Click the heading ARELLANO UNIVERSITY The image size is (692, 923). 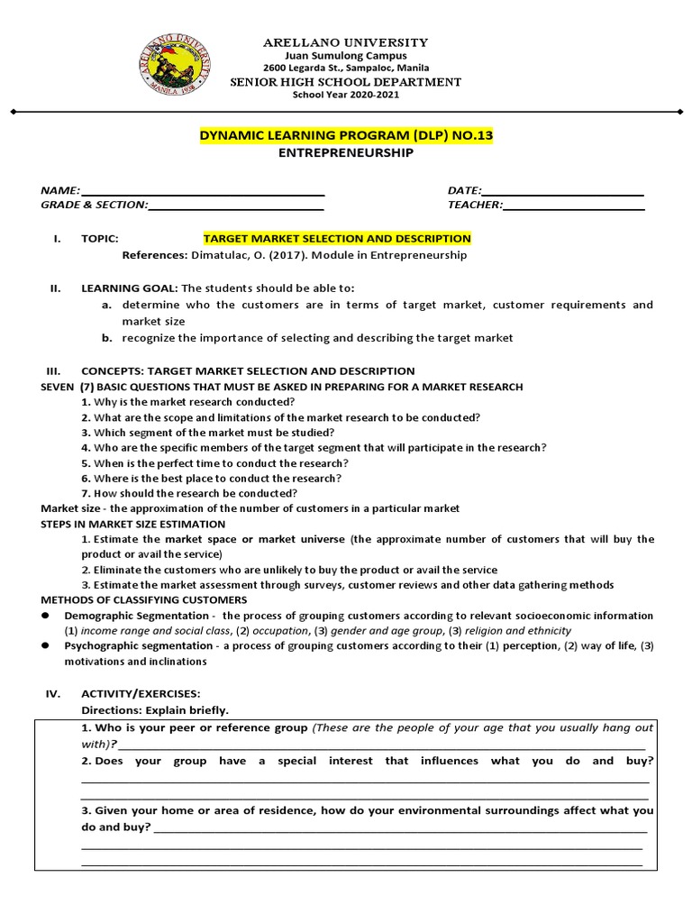coord(345,42)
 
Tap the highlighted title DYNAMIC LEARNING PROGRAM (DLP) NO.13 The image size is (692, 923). coord(346,135)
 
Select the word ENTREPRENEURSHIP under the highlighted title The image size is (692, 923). coord(347,153)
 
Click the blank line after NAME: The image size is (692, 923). coord(203,192)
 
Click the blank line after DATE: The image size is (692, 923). coord(563,192)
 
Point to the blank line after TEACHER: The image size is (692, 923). coord(574,206)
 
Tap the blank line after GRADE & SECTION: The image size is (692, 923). coord(235,206)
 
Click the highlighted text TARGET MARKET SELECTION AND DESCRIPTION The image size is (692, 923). coord(337,239)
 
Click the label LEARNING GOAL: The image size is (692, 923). coord(131,288)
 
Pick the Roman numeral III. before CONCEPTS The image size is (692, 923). coord(52,371)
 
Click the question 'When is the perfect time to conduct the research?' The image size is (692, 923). coord(214,462)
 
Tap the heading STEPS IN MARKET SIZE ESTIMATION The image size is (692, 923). coord(133,524)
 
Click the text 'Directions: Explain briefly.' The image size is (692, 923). coord(155,709)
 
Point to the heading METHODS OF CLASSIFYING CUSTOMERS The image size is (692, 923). coord(144,599)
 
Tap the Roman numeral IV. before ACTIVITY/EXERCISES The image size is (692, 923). coord(52,694)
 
